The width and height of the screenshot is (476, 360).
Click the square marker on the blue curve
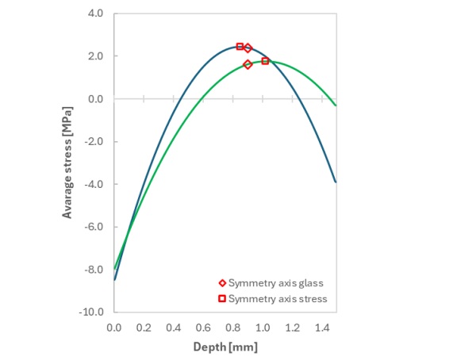[x=240, y=47]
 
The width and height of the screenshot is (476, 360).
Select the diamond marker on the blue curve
[x=248, y=48]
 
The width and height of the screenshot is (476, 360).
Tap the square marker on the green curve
[x=265, y=61]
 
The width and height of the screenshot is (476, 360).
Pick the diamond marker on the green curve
[x=248, y=64]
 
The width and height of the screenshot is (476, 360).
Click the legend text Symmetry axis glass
[x=275, y=283]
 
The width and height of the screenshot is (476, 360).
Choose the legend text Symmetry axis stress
[x=277, y=299]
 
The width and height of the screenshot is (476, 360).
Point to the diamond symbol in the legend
[x=222, y=283]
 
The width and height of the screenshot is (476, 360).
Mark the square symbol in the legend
[x=222, y=299]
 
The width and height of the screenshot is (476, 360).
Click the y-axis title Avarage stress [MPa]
[x=69, y=163]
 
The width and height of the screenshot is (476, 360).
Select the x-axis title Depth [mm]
[x=225, y=347]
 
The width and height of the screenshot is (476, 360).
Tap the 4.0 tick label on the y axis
[x=96, y=13]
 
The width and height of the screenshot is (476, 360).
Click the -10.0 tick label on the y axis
[x=93, y=312]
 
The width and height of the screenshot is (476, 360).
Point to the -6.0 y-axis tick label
[x=94, y=227]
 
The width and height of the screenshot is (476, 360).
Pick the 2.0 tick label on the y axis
[x=96, y=56]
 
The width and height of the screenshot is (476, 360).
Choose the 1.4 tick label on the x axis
[x=321, y=327]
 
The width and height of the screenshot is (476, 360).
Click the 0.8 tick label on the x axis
[x=232, y=327]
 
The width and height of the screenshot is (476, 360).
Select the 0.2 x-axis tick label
[x=144, y=327]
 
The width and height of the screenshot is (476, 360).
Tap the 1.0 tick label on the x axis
[x=262, y=327]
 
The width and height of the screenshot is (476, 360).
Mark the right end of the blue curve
[x=336, y=182]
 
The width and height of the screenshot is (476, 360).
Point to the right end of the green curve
[x=336, y=105]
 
